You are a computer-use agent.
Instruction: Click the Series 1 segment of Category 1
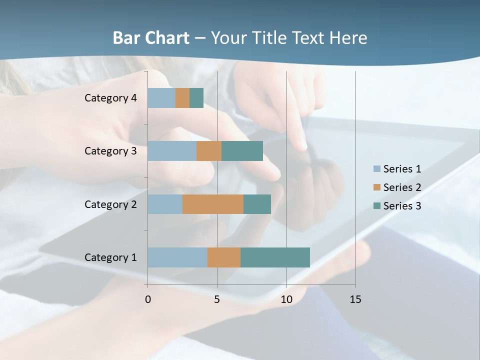tap(177, 257)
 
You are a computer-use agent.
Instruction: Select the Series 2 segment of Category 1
tap(224, 257)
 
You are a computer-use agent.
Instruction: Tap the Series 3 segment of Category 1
tap(275, 257)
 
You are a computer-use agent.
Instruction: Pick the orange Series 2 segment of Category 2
tap(213, 204)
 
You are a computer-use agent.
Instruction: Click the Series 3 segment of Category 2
tap(257, 204)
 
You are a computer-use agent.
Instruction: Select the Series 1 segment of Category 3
tap(172, 151)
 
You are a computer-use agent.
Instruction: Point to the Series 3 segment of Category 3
tap(242, 151)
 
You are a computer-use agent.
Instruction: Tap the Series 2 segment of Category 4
tap(182, 98)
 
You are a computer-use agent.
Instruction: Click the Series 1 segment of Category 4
tap(161, 98)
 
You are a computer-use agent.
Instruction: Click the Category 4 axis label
tap(110, 98)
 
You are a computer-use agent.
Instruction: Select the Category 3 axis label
tap(110, 151)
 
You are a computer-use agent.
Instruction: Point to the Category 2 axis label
tap(110, 204)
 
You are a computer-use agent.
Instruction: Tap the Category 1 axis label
tap(110, 257)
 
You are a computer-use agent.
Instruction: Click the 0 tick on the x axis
tap(148, 299)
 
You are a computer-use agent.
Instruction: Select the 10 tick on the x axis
tap(286, 299)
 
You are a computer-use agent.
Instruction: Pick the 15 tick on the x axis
tap(355, 299)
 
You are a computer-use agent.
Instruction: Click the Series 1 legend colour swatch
tap(377, 169)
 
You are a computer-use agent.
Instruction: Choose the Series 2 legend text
tap(402, 187)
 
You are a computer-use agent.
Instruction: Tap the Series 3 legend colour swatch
tap(377, 206)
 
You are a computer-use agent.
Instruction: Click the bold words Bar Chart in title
tap(151, 38)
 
